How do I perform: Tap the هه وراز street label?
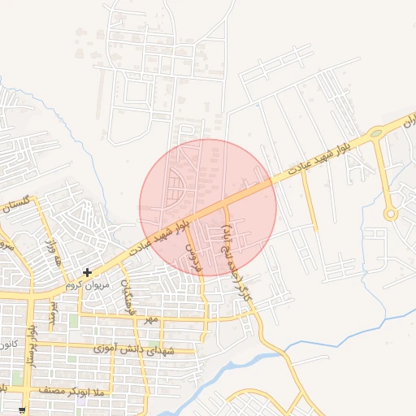click(55, 249)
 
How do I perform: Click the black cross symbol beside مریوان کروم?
click(87, 272)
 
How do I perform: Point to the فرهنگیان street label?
click(126, 300)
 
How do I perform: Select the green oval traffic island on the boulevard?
click(376, 133)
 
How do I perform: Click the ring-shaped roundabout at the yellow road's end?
click(391, 214)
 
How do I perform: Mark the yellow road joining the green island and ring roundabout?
click(382, 171)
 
